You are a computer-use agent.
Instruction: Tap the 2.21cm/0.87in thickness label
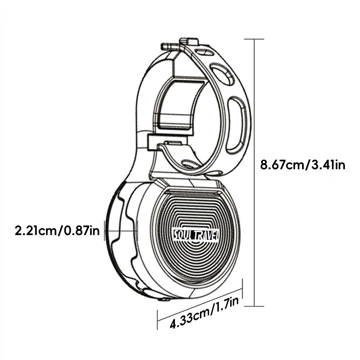(56, 230)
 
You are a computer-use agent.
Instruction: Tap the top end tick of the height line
(255, 39)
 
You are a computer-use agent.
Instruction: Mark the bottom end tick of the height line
(255, 306)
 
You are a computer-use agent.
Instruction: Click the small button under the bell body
(164, 299)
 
